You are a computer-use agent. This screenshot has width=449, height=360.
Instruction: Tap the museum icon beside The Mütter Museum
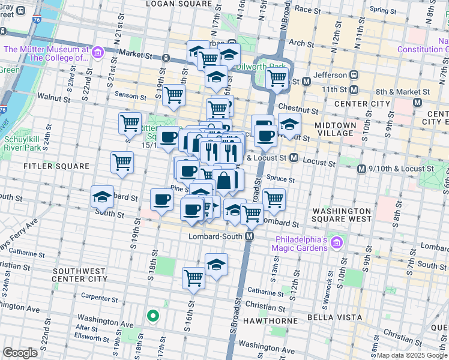click(x=97, y=53)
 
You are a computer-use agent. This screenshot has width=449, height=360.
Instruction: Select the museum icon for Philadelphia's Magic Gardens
click(x=337, y=243)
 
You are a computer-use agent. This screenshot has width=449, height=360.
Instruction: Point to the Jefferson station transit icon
click(x=354, y=75)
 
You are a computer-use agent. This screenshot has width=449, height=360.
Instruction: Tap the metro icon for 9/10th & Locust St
click(x=361, y=169)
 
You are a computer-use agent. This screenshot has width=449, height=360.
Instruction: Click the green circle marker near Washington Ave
click(x=153, y=315)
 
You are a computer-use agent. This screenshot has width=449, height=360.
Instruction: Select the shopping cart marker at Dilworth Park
click(x=276, y=77)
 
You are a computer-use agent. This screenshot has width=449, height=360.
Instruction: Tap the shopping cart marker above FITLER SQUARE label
click(x=122, y=161)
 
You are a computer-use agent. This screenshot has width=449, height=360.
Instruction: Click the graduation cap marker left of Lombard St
click(x=102, y=196)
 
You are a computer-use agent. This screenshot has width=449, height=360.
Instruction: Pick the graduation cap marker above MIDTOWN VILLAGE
click(x=289, y=125)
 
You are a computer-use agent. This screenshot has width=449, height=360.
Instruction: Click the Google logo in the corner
click(x=20, y=353)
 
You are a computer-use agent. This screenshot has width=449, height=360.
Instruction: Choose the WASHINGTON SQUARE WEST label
click(x=342, y=215)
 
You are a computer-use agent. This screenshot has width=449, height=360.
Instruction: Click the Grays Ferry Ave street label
click(x=18, y=232)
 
